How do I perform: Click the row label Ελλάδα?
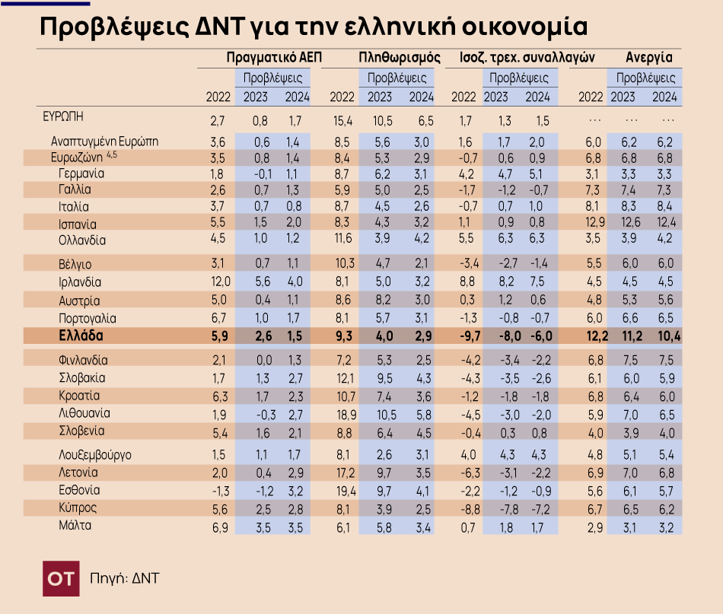point(81,336)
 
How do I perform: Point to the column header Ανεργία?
point(648,57)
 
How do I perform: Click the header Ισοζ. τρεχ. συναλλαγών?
point(527,57)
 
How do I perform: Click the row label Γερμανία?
point(81,173)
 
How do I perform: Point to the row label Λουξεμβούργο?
point(95,455)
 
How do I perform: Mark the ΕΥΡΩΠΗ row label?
point(63,116)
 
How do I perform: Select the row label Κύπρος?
point(78,507)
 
